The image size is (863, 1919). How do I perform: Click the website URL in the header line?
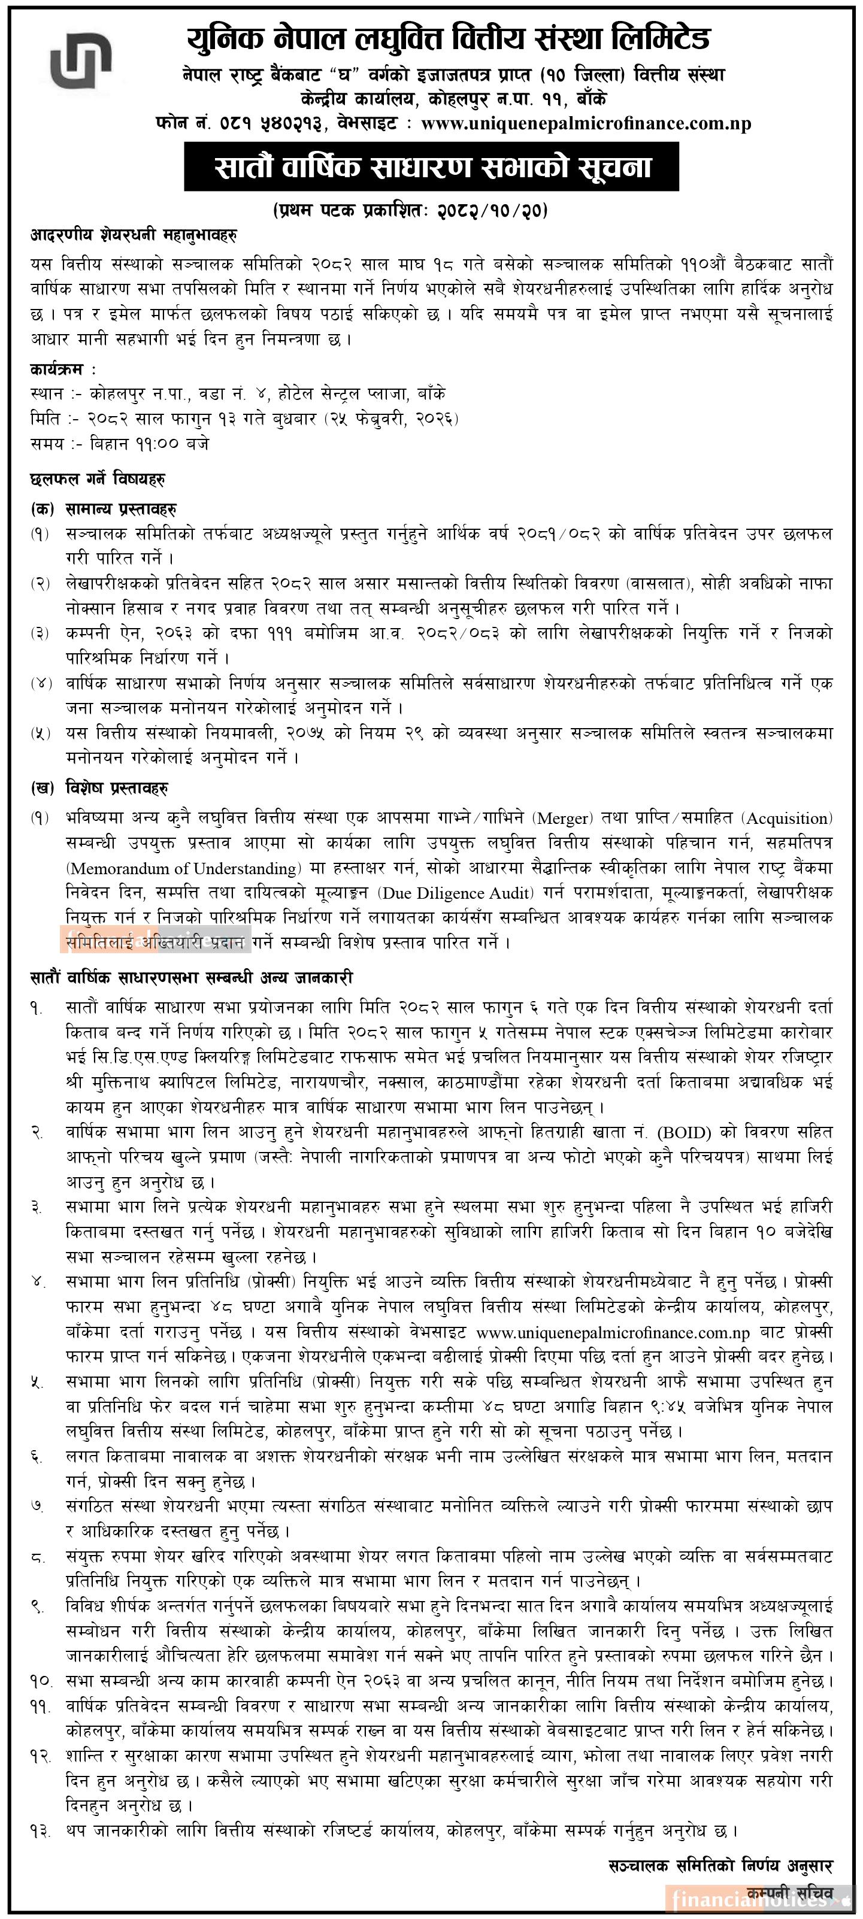(586, 125)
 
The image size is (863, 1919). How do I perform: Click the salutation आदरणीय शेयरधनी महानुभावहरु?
(134, 235)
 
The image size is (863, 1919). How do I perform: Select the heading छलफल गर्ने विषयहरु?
(98, 478)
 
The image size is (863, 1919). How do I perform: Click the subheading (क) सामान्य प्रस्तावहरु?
(104, 510)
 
